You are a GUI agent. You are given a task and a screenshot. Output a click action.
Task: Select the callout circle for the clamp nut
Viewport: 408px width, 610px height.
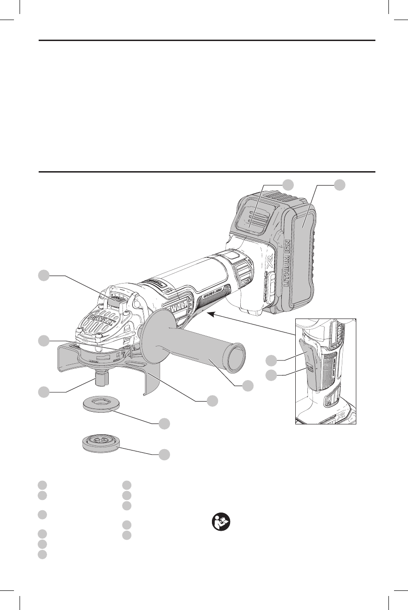163,454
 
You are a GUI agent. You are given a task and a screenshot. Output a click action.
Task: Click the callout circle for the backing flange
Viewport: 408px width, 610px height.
163,424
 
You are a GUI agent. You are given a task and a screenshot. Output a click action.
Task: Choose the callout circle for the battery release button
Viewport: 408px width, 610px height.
289,184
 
